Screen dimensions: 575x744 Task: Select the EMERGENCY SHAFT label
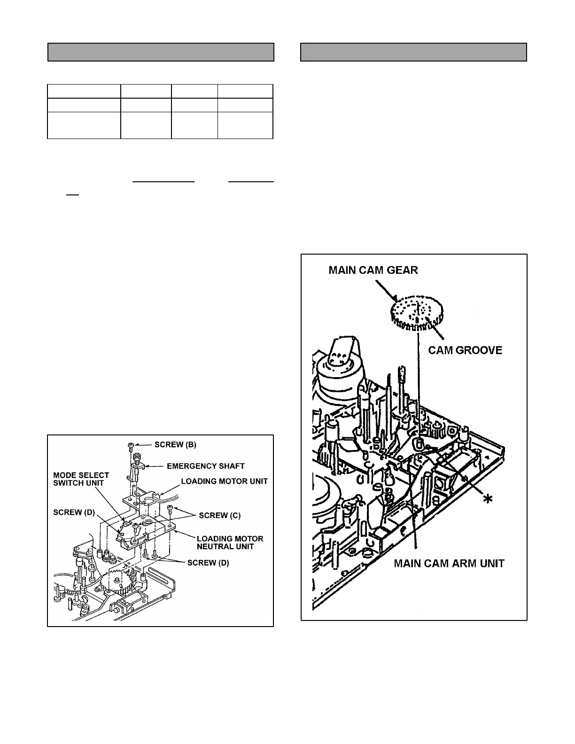coord(206,466)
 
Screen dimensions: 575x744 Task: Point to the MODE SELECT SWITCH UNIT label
coord(81,479)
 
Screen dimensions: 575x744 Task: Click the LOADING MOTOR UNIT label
coord(224,481)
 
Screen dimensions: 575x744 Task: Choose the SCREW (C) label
coord(219,515)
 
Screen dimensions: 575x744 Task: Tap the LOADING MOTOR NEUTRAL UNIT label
coord(230,542)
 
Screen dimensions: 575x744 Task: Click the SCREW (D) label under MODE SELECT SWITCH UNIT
coord(74,512)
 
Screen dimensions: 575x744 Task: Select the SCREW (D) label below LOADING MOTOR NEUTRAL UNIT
coord(208,563)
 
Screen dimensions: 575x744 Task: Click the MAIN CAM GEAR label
coord(373,270)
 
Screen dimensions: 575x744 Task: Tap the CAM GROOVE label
coord(465,350)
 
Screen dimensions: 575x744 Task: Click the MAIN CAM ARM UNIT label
coord(449,563)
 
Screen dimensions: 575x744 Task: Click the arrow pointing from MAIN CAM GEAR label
coord(386,290)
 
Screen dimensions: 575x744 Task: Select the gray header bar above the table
coord(161,52)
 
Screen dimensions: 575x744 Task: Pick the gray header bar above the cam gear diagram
coord(413,52)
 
